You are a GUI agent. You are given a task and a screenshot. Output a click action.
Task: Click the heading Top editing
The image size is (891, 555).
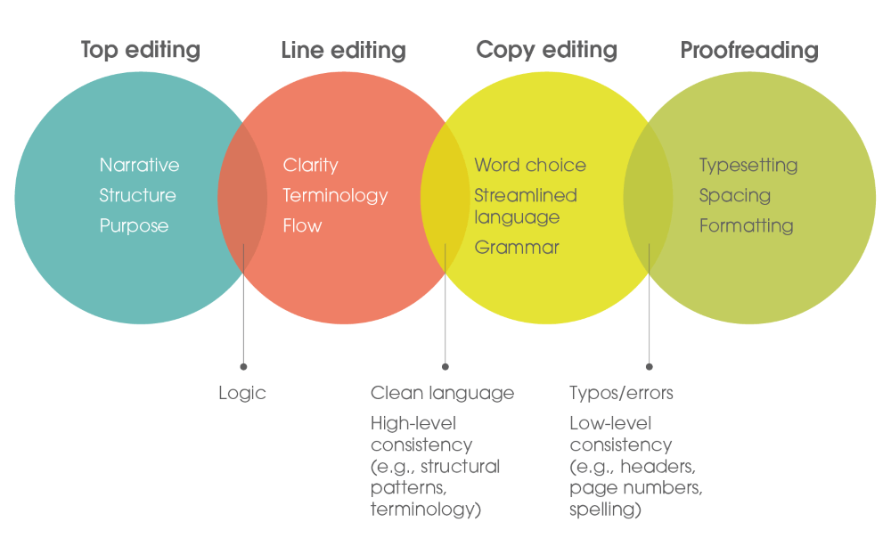[x=141, y=50]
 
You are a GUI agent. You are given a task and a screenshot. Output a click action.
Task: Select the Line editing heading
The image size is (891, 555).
[x=343, y=50]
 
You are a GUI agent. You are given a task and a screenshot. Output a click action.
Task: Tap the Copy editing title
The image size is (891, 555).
[x=547, y=50]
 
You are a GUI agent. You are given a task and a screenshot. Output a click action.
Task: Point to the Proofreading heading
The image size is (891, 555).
[x=749, y=50]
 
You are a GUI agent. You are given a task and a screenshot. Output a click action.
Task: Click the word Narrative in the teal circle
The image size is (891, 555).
[x=139, y=165]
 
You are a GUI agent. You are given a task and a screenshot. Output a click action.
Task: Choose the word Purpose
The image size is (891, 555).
[x=135, y=226]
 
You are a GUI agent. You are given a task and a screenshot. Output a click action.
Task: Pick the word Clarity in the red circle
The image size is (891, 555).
[x=310, y=166]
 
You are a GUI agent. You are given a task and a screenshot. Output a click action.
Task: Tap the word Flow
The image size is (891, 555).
[x=302, y=225]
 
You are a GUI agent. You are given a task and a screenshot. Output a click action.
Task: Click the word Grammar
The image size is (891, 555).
[x=517, y=248]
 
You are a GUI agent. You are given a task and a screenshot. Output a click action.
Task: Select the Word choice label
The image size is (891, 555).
[x=530, y=165]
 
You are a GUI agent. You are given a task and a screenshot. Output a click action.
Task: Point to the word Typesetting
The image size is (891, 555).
[x=748, y=166]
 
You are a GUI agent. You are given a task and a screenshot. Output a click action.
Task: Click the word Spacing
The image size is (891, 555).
[x=735, y=196]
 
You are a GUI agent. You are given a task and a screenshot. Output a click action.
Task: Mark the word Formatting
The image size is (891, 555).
[x=746, y=226]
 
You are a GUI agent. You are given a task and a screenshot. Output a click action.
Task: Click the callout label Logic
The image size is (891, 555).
[x=242, y=393]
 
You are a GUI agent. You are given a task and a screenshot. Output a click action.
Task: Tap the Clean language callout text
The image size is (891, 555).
[x=442, y=393]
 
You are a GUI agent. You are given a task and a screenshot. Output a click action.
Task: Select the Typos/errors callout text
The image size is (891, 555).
[x=621, y=393]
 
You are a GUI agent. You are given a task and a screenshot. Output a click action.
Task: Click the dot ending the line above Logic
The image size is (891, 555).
[x=244, y=367]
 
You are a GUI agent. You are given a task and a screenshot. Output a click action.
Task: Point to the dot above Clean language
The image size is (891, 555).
[x=445, y=367]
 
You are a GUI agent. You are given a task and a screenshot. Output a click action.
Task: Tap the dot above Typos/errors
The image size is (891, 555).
[x=650, y=367]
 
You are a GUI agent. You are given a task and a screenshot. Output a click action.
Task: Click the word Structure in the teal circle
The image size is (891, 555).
[x=137, y=195]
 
